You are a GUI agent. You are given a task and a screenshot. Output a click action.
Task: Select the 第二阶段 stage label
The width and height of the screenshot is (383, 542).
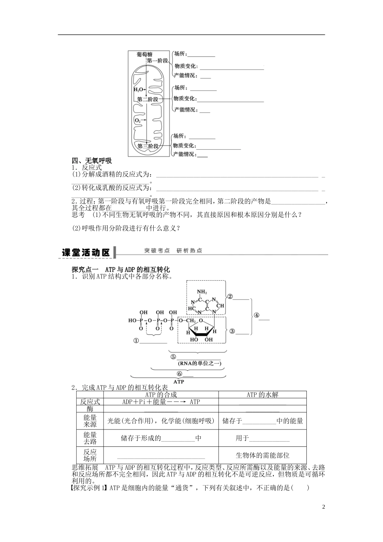click(x=148, y=99)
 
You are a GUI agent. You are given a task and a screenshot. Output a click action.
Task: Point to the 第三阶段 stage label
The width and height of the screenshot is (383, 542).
click(x=148, y=146)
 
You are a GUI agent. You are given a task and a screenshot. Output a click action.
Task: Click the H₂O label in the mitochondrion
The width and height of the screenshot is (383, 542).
click(x=138, y=90)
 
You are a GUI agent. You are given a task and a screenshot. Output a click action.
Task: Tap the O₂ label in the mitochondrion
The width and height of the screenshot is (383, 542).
click(x=138, y=120)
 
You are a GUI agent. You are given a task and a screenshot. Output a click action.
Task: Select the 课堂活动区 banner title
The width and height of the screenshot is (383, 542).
click(x=86, y=252)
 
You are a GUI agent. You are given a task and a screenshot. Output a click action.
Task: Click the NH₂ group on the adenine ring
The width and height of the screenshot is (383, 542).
click(x=202, y=292)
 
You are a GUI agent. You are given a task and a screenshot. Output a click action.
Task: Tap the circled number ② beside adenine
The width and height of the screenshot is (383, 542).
click(x=230, y=296)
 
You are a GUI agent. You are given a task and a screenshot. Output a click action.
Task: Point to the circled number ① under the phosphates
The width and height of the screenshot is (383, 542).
click(x=136, y=341)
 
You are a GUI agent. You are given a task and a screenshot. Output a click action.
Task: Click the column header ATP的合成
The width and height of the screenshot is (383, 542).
click(x=161, y=395)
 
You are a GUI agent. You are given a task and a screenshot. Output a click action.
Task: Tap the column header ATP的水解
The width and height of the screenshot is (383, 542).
click(x=262, y=395)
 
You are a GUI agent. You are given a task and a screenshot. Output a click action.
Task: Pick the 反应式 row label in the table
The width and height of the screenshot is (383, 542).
click(x=90, y=402)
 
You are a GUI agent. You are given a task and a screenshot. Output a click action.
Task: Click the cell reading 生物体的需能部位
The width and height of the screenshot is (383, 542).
click(x=262, y=455)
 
